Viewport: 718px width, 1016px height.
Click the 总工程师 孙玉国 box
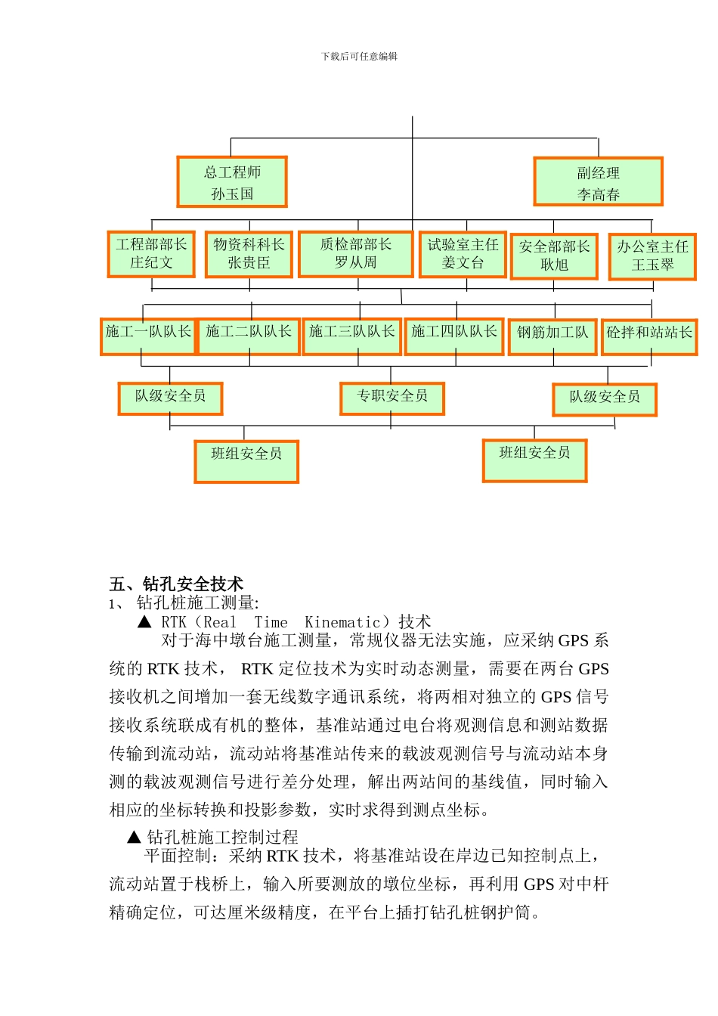pos(232,182)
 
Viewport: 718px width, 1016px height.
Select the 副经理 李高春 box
pos(598,182)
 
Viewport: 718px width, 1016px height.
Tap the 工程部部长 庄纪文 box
pos(151,254)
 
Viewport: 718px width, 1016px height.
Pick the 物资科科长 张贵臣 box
pos(249,255)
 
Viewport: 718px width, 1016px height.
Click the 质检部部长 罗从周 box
pos(355,254)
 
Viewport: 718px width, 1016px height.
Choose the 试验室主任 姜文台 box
pos(463,255)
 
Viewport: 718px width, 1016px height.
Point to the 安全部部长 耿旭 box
pos(554,256)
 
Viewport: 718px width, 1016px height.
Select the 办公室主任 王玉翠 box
pos(652,256)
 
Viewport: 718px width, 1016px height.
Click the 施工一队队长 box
pos(148,336)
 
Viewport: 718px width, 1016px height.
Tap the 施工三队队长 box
pos(351,336)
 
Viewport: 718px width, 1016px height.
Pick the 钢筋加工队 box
pos(552,336)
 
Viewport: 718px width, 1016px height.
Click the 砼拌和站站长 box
pos(649,336)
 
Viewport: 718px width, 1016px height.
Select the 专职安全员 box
pos(392,398)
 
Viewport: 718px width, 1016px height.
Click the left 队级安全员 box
pos(170,398)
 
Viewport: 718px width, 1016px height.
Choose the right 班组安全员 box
pos(534,460)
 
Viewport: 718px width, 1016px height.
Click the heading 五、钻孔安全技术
pos(176,584)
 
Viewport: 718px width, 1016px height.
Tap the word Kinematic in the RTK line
pos(342,622)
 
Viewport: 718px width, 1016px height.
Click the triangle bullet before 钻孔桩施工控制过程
pos(135,837)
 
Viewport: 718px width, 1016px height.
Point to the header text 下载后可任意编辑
pos(359,56)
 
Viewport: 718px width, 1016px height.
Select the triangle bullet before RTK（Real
pos(145,622)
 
